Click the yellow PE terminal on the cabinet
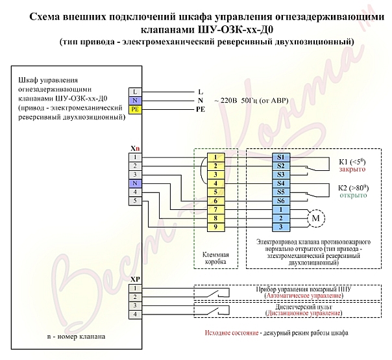coord(135,109)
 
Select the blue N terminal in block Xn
coord(135,183)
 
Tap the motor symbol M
coord(316,218)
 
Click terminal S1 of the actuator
coord(281,157)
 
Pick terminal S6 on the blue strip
coord(281,201)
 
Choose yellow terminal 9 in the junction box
coord(215,227)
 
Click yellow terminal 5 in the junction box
coord(215,192)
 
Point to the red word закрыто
coord(352,169)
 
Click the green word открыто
coord(353,196)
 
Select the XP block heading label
coord(135,279)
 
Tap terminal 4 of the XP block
coord(135,315)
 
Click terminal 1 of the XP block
coord(135,289)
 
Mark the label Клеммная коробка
coord(215,259)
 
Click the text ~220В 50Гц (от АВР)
coord(251,101)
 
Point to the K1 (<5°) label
coord(352,162)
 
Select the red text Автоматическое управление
coord(304,296)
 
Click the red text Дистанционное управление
coord(304,313)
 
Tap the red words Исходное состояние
coord(232,333)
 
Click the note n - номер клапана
coord(76,337)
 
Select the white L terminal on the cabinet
coord(135,92)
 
